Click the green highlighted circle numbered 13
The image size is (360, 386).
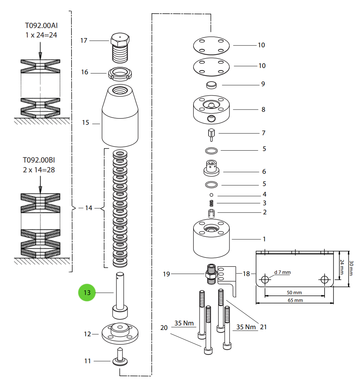pyautogui.click(x=87, y=292)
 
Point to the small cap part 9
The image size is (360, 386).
pyautogui.click(x=211, y=85)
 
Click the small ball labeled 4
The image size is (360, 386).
pyautogui.click(x=211, y=194)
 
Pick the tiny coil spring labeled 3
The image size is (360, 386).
pyautogui.click(x=211, y=203)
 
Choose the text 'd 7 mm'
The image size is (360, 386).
pyautogui.click(x=282, y=272)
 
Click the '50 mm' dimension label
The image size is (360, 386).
pyautogui.click(x=294, y=292)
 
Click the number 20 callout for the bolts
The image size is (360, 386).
pyautogui.click(x=164, y=328)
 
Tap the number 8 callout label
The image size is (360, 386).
pyautogui.click(x=263, y=109)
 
